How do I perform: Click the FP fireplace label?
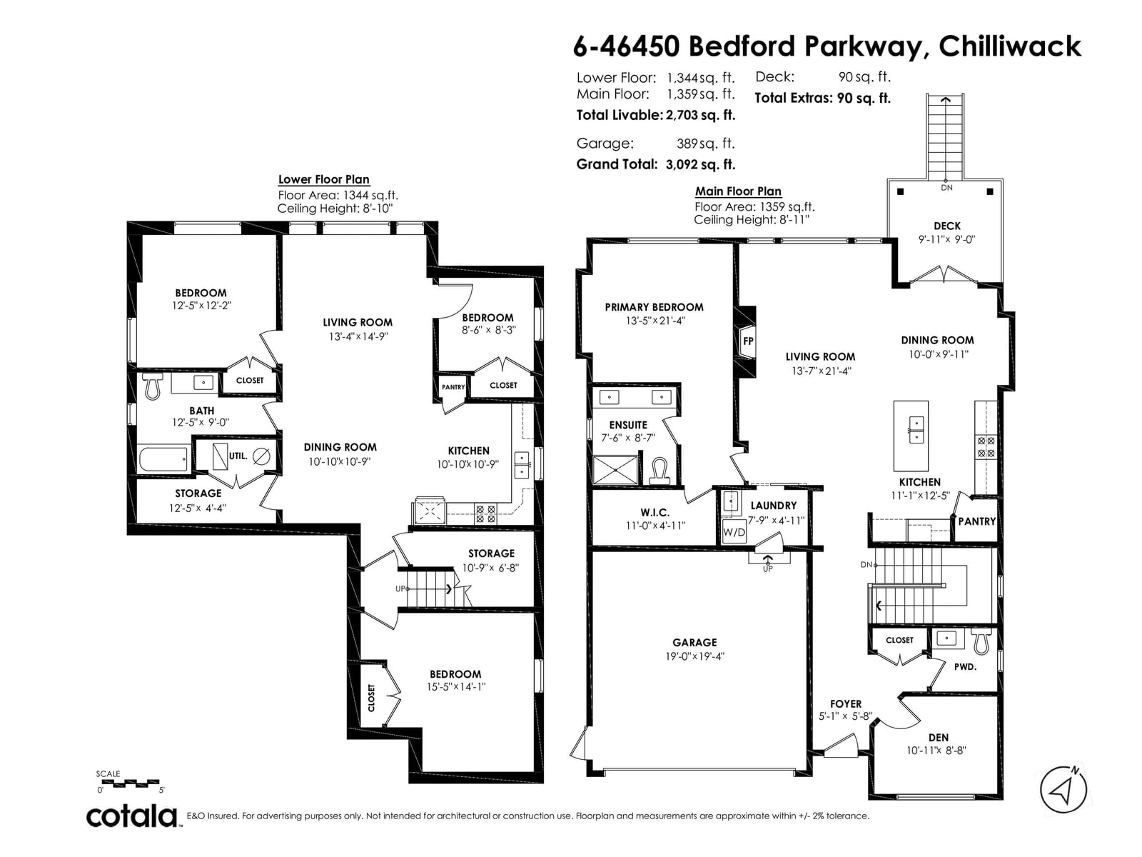coord(747,341)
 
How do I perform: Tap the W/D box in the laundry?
coord(734,532)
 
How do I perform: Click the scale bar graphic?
coord(128,782)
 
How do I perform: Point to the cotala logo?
coord(132,816)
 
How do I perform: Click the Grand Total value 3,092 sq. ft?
coord(699,164)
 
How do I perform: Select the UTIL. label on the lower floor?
coord(238,456)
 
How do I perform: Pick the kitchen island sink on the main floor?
coord(916,430)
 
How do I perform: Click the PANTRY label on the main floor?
coord(976,521)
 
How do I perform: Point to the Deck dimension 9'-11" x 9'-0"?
coord(946,239)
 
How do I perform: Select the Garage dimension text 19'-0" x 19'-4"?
coord(694,656)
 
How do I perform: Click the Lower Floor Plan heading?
coord(323,179)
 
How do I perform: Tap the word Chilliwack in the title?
coord(1010,46)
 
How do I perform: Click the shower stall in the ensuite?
coord(615,470)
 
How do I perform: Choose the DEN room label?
coord(939,737)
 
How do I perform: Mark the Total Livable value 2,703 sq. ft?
coord(700,115)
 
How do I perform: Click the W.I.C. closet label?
coord(655,513)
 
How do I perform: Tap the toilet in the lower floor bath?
coord(153,386)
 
